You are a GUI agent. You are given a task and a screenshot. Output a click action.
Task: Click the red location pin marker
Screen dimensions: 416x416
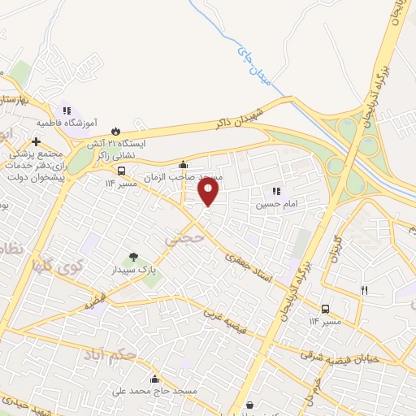point(209,192)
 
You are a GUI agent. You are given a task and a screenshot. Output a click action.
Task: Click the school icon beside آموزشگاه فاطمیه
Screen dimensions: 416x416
point(67,110)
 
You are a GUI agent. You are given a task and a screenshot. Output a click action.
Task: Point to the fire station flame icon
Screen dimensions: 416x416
point(115,131)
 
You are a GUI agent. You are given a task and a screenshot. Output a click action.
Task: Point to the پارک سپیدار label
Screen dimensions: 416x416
point(131,269)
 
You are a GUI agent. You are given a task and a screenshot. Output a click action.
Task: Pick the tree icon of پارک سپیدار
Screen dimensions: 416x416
point(132,257)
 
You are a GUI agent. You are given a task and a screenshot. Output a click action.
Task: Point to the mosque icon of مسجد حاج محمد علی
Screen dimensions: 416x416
point(154,379)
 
